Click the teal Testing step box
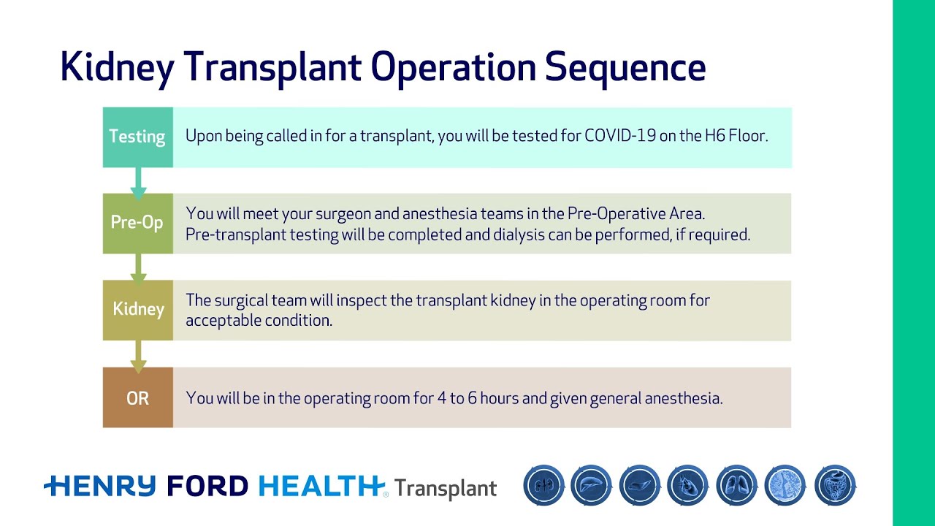pyautogui.click(x=137, y=137)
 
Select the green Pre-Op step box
pyautogui.click(x=137, y=223)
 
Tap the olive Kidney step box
pyautogui.click(x=137, y=310)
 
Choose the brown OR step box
pyautogui.click(x=137, y=398)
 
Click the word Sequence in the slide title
pyautogui.click(x=625, y=66)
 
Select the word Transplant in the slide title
pyautogui.click(x=272, y=66)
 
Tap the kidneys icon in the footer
pyautogui.click(x=543, y=486)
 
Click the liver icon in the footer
pyautogui.click(x=592, y=486)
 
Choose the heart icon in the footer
pyautogui.click(x=688, y=486)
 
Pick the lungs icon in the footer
pyautogui.click(x=736, y=486)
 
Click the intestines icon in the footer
pyautogui.click(x=834, y=486)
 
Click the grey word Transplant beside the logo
pyautogui.click(x=446, y=488)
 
